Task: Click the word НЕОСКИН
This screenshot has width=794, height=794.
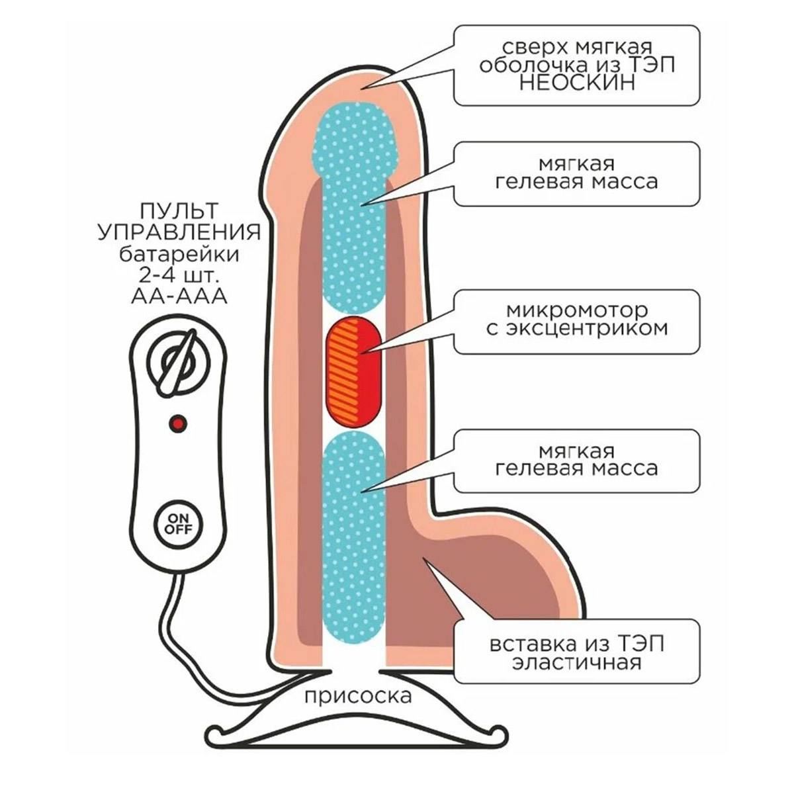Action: (576, 83)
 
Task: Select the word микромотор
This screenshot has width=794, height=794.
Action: (576, 310)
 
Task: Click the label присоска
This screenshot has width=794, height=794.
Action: (358, 695)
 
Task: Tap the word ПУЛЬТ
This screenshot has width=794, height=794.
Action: (178, 212)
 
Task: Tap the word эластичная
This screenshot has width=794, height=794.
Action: (576, 662)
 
